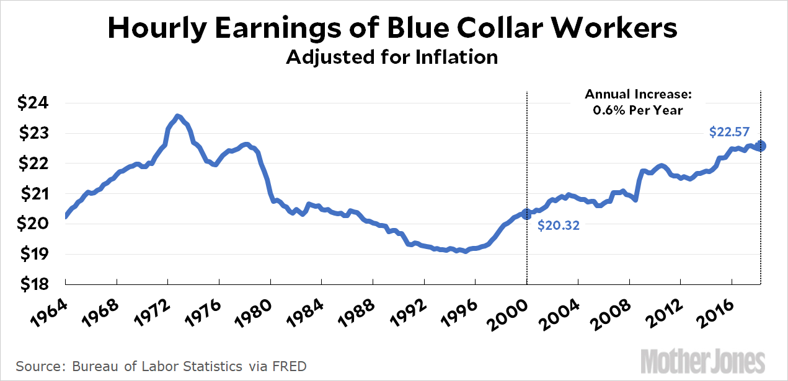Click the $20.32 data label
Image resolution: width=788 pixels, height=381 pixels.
tap(559, 226)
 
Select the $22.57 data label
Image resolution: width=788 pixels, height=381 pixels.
tap(729, 131)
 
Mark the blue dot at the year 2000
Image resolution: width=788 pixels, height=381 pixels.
tap(527, 214)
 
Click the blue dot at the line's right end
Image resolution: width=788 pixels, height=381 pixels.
tap(761, 146)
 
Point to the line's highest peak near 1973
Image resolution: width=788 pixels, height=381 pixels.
tap(177, 116)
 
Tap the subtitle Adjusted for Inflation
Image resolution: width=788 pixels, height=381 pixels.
tap(392, 57)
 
